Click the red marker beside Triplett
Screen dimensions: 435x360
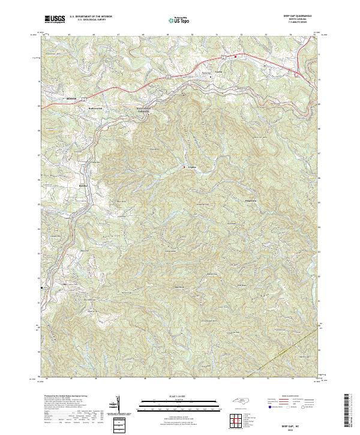[x=184, y=167]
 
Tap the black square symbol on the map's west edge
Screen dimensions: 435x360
[x=41, y=289]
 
